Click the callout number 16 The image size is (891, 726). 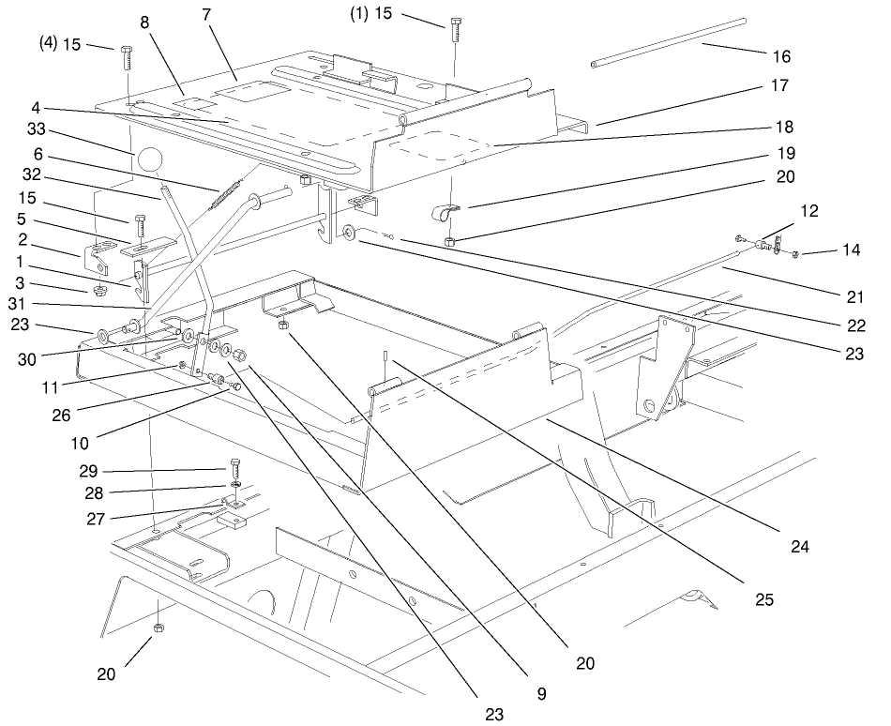coord(780,57)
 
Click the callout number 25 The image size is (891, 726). coord(763,598)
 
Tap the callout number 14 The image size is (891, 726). coord(850,250)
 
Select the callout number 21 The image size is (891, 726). coord(853,298)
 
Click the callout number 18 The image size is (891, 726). coord(781,126)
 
